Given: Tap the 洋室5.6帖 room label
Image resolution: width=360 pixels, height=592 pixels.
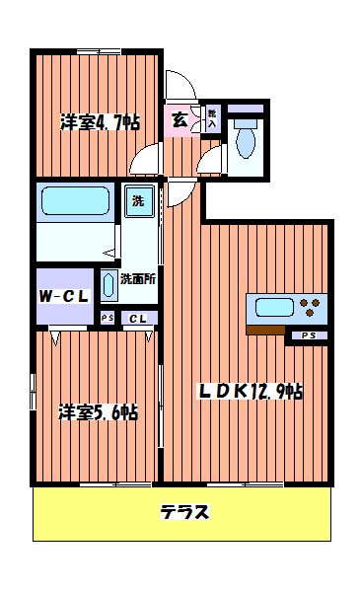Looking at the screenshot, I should point(97,411).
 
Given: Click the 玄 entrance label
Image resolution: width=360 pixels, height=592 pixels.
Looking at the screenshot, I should point(181,120).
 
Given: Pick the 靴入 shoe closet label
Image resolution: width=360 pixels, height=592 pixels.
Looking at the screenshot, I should point(211,118).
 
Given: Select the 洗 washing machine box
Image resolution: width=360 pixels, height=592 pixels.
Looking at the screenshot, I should point(139,201).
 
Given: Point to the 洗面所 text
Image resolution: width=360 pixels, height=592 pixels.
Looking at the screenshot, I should point(137,278).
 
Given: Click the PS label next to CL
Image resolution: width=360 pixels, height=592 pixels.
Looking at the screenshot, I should point(108,318).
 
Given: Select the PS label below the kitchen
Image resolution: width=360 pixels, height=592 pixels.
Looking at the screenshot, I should point(309,336).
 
